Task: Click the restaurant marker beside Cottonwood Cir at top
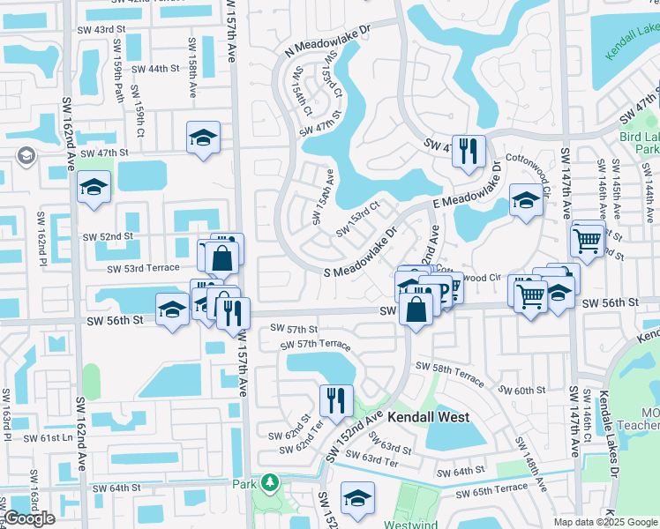(x=469, y=149)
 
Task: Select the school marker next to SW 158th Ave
(x=203, y=138)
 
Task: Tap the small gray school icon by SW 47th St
(x=26, y=156)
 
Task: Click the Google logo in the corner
(x=29, y=518)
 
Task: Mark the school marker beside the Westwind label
(x=357, y=499)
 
